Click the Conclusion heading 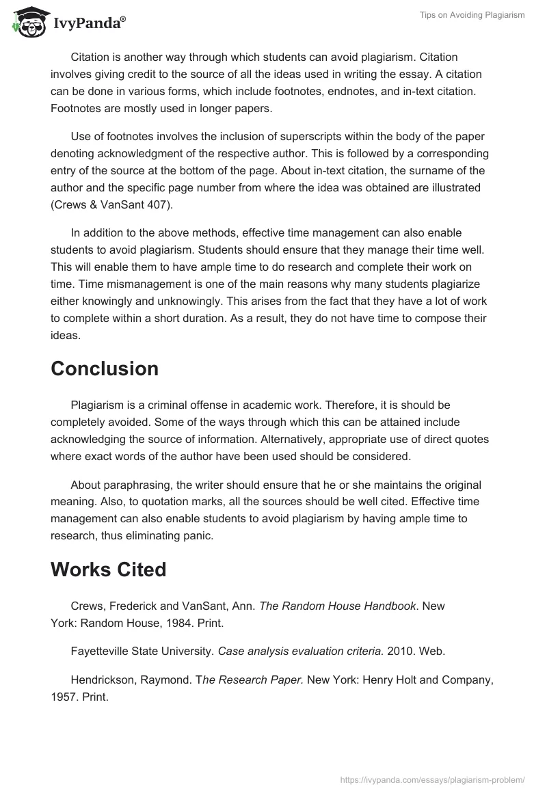[x=104, y=368]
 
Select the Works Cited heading [x=108, y=569]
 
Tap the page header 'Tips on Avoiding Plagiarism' [x=472, y=15]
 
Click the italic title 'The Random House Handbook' [x=338, y=606]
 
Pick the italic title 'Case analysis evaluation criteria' [x=300, y=651]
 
